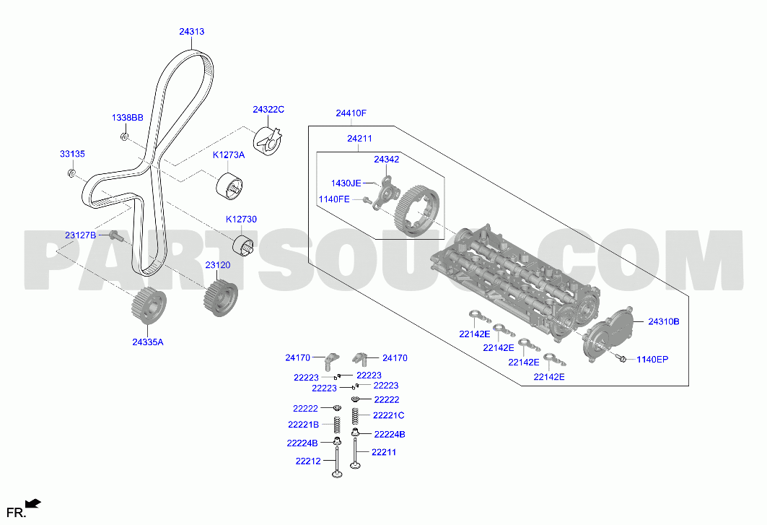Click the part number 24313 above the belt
[x=192, y=31]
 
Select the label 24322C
[x=268, y=109]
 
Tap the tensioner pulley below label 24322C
[x=268, y=142]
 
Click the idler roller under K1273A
[x=229, y=186]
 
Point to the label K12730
[x=241, y=219]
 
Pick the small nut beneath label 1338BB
[x=124, y=136]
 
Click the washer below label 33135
[x=71, y=173]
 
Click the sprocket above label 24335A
[x=149, y=306]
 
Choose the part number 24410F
[x=351, y=113]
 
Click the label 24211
[x=359, y=139]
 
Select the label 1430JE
[x=346, y=183]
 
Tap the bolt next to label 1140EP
[x=622, y=359]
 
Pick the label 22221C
[x=388, y=415]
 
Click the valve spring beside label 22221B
[x=337, y=425]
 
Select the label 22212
[x=308, y=461]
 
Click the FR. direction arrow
[x=33, y=503]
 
